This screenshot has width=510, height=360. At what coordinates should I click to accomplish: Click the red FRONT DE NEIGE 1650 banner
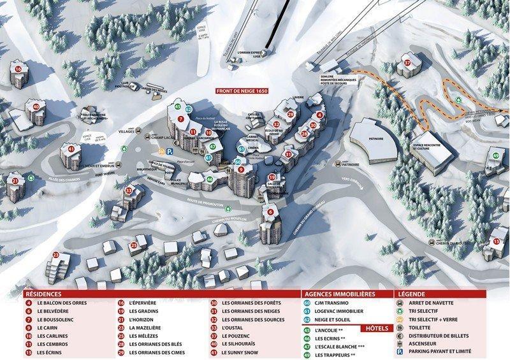[243, 91]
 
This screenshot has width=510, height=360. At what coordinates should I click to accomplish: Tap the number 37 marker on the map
[407, 63]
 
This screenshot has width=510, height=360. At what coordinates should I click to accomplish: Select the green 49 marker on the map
[495, 155]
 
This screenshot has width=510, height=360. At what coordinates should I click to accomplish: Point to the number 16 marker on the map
[18, 69]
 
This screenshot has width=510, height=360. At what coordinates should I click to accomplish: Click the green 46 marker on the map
[210, 179]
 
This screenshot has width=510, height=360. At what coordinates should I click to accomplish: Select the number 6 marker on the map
[270, 212]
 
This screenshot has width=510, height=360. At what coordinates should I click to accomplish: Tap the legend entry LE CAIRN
[48, 328]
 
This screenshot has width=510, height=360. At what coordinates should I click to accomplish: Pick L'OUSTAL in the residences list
[233, 328]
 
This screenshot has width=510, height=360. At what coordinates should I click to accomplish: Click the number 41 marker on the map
[71, 149]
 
